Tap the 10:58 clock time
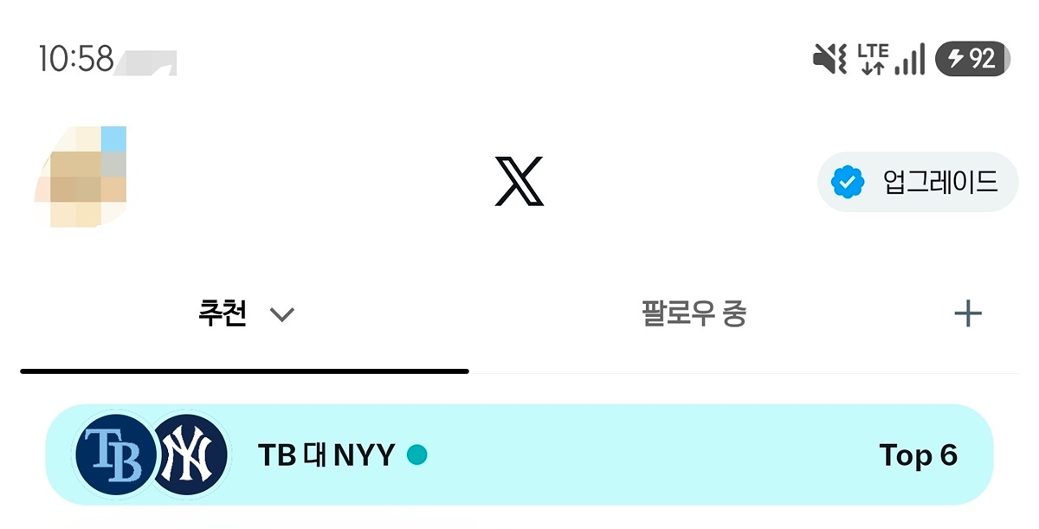point(76,58)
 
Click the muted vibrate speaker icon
point(829,59)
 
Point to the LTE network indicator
point(873,59)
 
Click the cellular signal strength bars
point(910,59)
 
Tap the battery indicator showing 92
point(972,58)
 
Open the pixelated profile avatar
point(81,177)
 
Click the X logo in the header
point(519,181)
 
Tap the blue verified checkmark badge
point(848,182)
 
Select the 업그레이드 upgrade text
point(940,182)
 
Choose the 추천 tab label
point(223,313)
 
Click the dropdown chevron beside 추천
point(282,315)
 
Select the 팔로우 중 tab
point(694,313)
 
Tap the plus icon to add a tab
point(968,314)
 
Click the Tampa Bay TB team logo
point(115,455)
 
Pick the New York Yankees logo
point(187,455)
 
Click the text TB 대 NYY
point(326,455)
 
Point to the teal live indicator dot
point(417,455)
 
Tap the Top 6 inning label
point(919,455)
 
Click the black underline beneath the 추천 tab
point(244,371)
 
